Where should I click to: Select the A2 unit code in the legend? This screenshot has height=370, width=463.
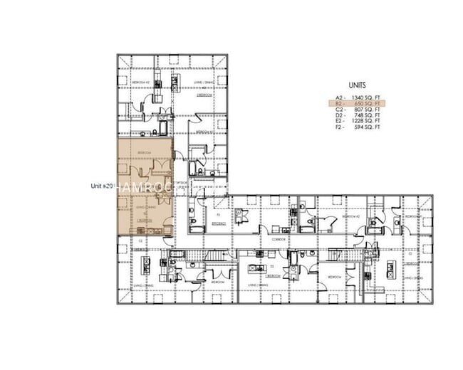coord(340,97)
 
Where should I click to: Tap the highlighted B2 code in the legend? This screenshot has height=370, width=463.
coord(340,104)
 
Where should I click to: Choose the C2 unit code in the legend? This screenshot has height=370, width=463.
coord(340,110)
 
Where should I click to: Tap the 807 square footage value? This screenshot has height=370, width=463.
coord(370,110)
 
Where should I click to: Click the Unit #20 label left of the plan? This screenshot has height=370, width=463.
coord(103,186)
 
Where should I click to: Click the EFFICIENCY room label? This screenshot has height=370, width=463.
coord(219,223)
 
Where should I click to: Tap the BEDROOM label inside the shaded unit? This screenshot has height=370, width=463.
coord(143,153)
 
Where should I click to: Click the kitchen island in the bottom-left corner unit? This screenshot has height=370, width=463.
coord(145,264)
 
